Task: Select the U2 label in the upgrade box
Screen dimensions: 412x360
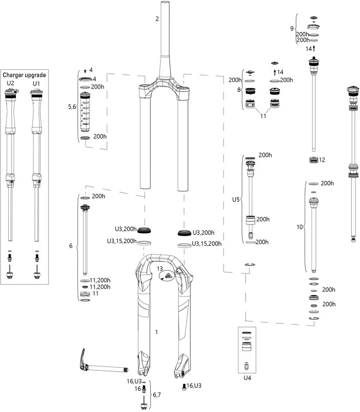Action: click(x=11, y=82)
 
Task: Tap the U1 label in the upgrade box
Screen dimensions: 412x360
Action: click(x=36, y=82)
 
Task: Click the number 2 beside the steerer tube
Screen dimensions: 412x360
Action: click(x=157, y=19)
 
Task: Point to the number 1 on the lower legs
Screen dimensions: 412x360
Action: click(x=157, y=332)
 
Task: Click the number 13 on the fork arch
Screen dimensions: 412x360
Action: click(x=160, y=268)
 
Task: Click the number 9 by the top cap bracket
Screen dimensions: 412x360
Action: click(x=292, y=29)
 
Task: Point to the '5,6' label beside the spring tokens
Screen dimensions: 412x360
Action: click(x=72, y=107)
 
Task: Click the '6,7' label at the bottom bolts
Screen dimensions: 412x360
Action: click(x=157, y=394)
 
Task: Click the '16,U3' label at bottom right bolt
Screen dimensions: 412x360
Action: click(x=194, y=386)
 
